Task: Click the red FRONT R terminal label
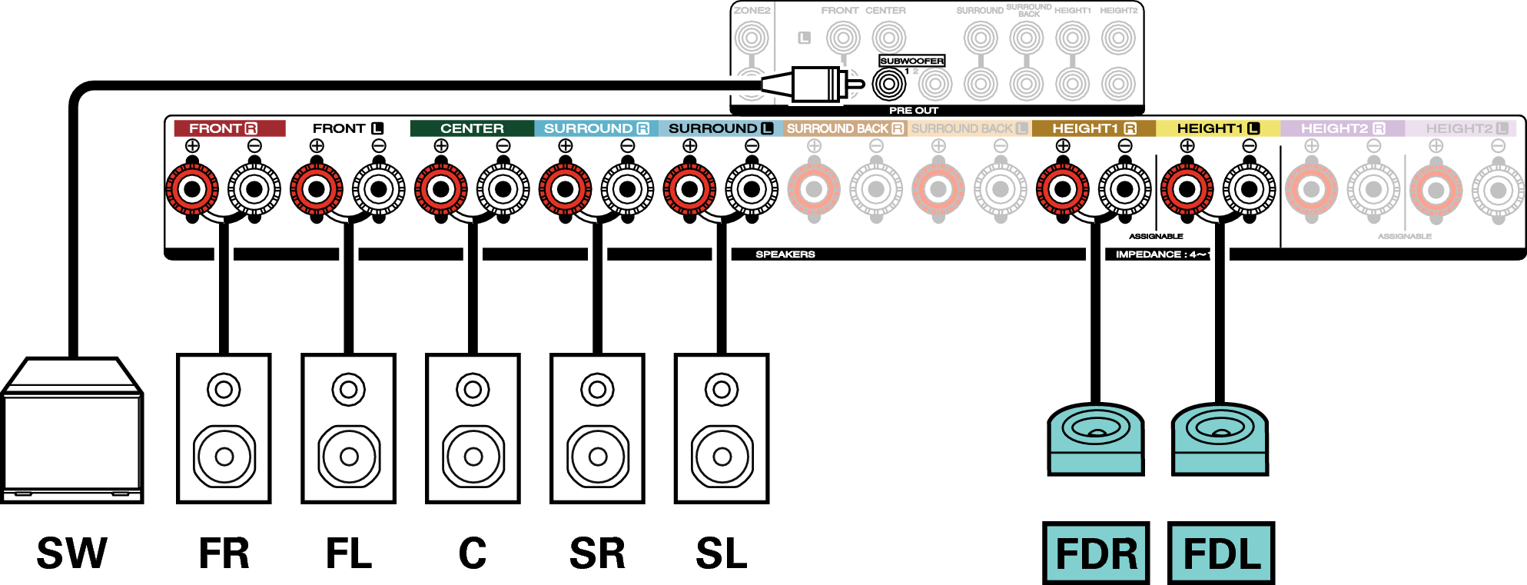tap(228, 128)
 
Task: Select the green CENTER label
tap(472, 128)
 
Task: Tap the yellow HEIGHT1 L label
tap(1217, 128)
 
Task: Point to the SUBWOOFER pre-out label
tap(911, 61)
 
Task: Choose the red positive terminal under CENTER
tap(440, 189)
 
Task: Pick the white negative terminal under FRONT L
tap(378, 189)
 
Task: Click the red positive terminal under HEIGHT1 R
tap(1062, 189)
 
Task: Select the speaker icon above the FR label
tap(224, 428)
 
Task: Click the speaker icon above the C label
tap(473, 428)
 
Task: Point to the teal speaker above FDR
tap(1095, 439)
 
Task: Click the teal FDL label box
tap(1220, 553)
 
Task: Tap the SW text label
tap(71, 553)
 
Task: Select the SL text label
tap(721, 553)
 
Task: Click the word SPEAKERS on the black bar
tap(785, 254)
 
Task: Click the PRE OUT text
tap(913, 111)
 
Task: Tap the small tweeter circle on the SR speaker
tap(597, 390)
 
